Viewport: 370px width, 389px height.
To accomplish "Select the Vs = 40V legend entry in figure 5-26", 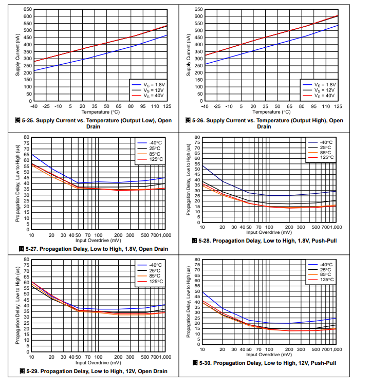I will [x=323, y=96].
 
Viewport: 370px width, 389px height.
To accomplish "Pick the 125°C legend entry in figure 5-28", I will [x=326, y=157].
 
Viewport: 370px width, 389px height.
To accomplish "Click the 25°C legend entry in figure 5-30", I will [x=325, y=270].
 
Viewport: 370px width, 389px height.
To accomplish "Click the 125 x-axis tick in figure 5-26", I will [x=338, y=106].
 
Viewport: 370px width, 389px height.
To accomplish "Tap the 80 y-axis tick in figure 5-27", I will [x=26, y=137].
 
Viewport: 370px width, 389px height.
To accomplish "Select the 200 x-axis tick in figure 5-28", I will [x=289, y=227].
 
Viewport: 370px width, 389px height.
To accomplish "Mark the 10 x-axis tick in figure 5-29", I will [x=31, y=356].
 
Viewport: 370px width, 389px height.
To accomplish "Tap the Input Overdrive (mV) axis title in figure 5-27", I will [x=99, y=240].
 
